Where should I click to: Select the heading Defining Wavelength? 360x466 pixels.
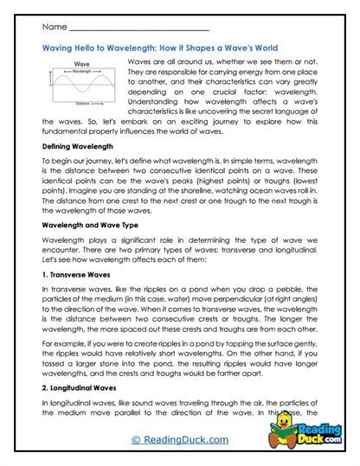(78, 148)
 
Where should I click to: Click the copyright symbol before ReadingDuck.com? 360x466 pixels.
(135, 439)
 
